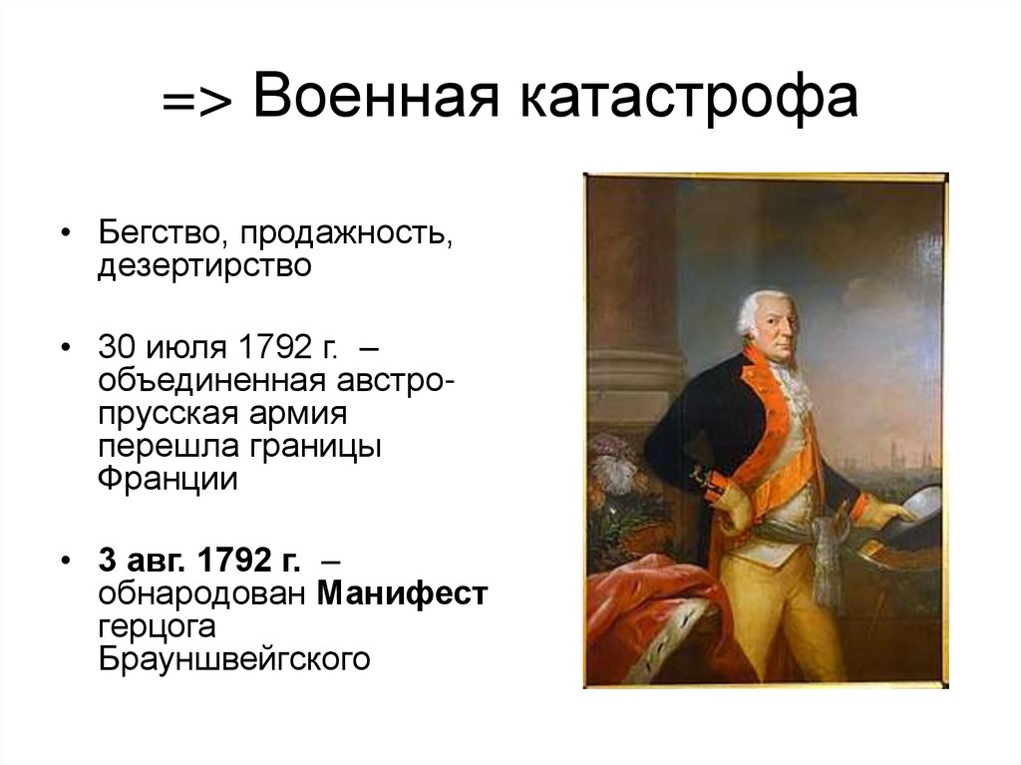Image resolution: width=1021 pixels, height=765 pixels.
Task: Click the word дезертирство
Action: coord(204,268)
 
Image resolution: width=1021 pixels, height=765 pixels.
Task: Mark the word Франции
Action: coord(168,479)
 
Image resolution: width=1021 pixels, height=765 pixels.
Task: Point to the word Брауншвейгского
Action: coord(234,659)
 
